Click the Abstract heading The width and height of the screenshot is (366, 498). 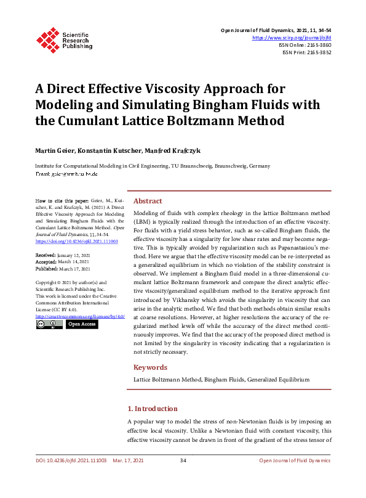tap(148, 201)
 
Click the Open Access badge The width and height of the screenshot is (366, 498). tap(81, 324)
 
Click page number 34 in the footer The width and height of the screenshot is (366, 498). tap(183, 460)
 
